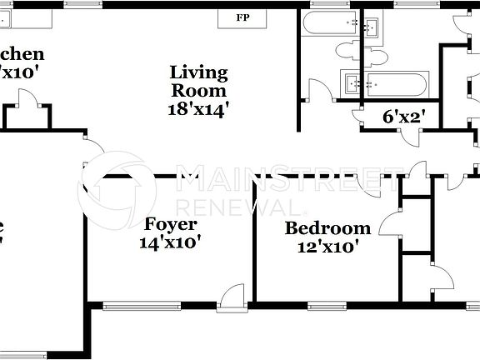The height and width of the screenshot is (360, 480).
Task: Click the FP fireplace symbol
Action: [x=242, y=17]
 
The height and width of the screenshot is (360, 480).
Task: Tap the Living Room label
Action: [x=198, y=80]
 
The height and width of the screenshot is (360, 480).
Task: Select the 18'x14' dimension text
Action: [x=198, y=107]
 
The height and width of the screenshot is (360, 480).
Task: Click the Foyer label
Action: [x=171, y=224]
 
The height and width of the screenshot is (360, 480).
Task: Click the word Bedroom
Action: [x=327, y=228]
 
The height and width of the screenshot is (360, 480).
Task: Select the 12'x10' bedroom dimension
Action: [x=327, y=247]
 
